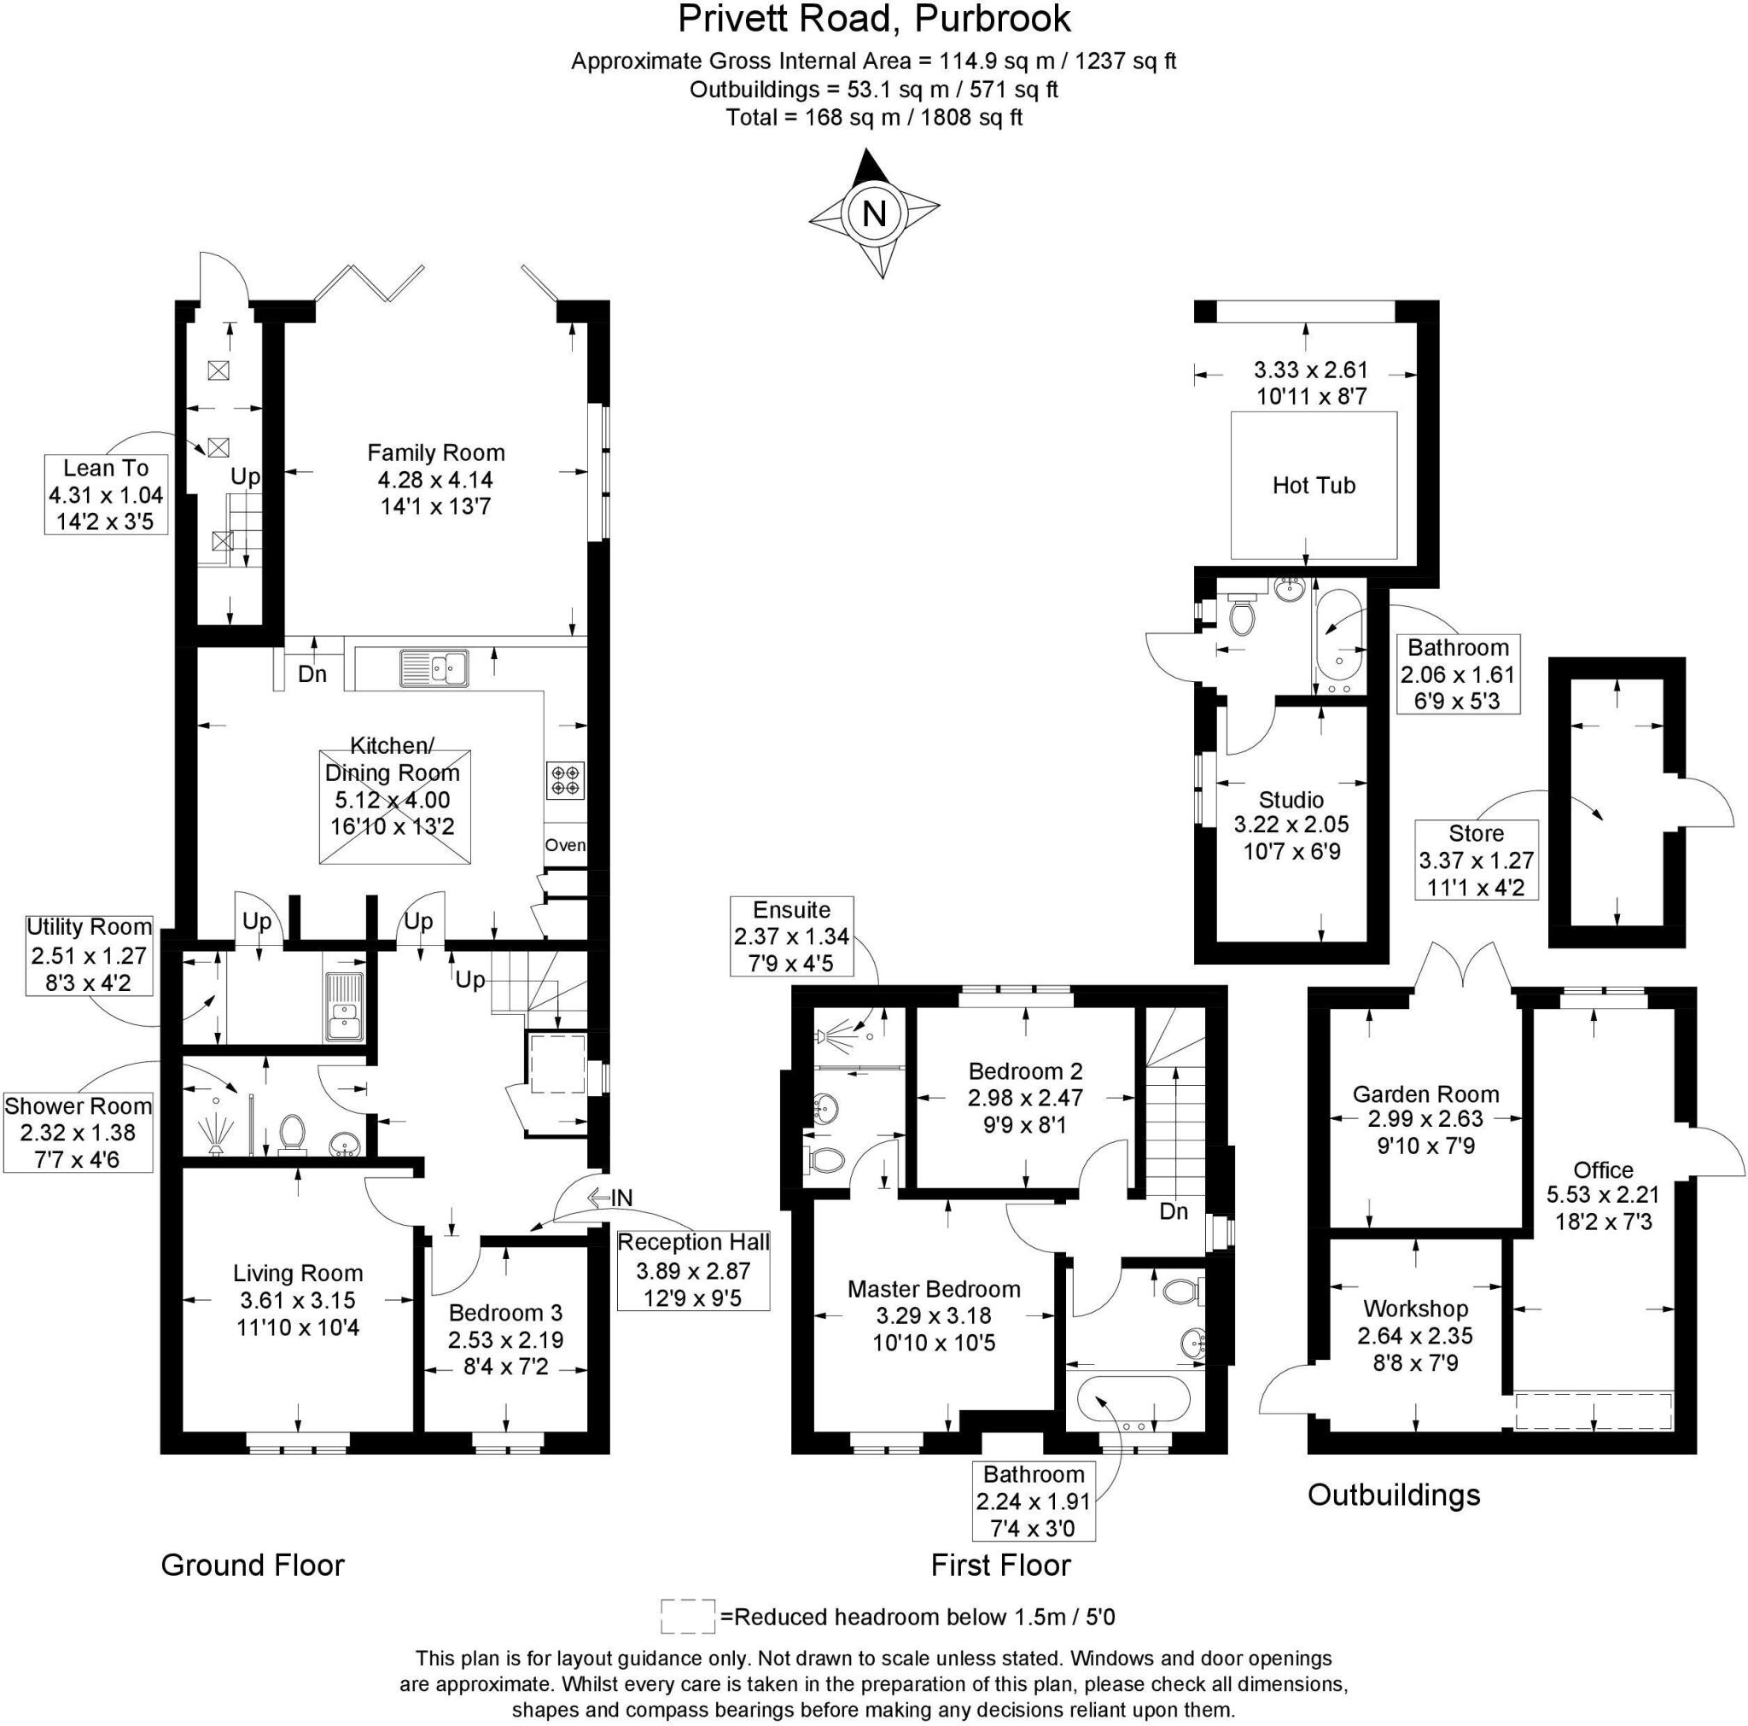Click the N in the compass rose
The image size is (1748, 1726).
pos(874,214)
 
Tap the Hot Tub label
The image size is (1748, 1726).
pos(1314,485)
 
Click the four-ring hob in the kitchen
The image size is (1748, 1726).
pos(567,780)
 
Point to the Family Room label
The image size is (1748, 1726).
pos(435,452)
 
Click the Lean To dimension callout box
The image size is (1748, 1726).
pos(106,494)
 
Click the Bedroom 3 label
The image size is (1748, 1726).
pos(505,1312)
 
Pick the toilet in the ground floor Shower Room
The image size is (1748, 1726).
pos(291,1134)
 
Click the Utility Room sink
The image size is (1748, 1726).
pos(345,1006)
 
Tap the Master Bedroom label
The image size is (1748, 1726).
pos(933,1289)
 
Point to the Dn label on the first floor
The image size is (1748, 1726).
pos(1174,1211)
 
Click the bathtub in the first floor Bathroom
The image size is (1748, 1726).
pos(1134,1402)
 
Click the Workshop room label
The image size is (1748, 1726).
pos(1415,1309)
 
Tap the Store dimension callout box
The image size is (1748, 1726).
pos(1476,860)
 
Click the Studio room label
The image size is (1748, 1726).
pos(1291,800)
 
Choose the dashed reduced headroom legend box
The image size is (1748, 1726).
pos(688,1616)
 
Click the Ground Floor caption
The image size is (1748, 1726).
pos(253,1565)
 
